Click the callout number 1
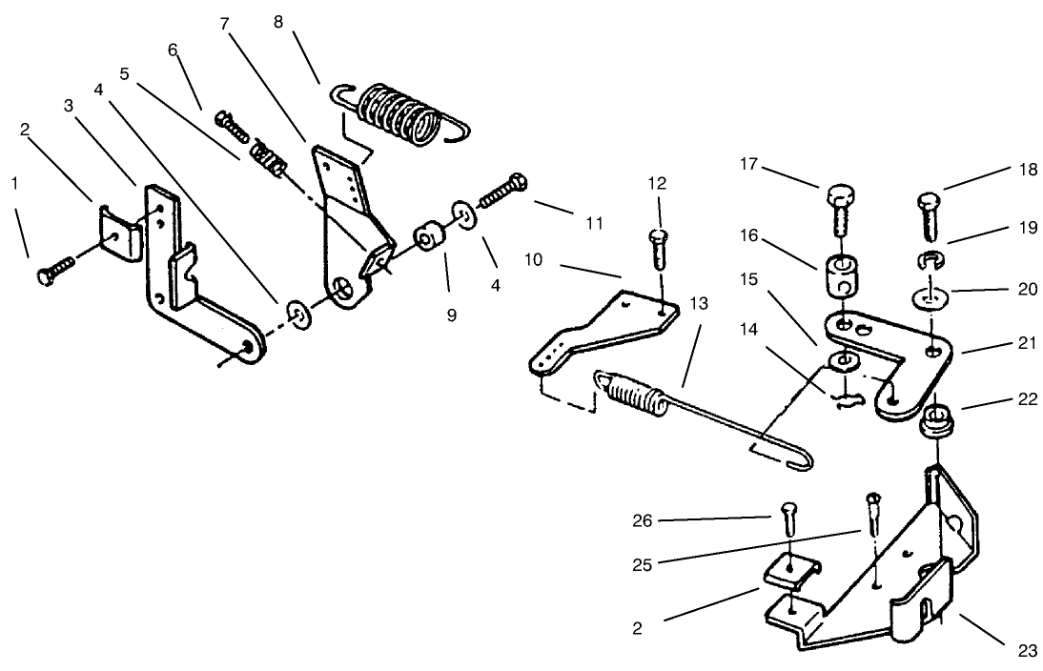pos(14,184)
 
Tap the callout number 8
pos(278,22)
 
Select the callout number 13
pos(699,303)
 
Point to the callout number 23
pos(1028,651)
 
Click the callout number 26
pos(642,520)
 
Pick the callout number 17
pos(749,164)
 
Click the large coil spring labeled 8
pos(400,113)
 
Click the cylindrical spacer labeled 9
pos(429,237)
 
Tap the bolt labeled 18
pos(930,216)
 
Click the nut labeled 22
pos(935,423)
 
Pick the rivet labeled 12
pos(657,248)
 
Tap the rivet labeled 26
pos(787,519)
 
